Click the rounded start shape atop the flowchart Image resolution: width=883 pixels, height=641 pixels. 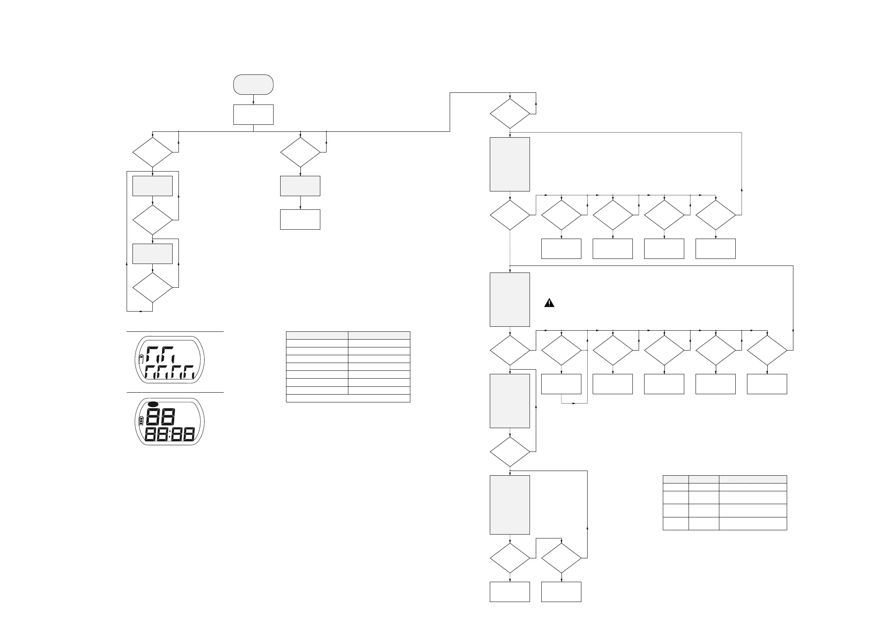pyautogui.click(x=253, y=85)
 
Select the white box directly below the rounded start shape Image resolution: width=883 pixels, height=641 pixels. pyautogui.click(x=253, y=115)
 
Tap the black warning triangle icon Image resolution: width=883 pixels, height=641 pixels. pyautogui.click(x=549, y=303)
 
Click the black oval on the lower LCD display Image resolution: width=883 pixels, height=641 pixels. pyautogui.click(x=154, y=404)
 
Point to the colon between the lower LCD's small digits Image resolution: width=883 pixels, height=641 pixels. pyautogui.click(x=170, y=434)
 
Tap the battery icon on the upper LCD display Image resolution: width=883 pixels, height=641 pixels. pyautogui.click(x=141, y=359)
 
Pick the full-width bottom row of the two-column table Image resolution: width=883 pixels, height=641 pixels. pyautogui.click(x=348, y=398)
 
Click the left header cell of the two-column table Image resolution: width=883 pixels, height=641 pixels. pyautogui.click(x=317, y=335)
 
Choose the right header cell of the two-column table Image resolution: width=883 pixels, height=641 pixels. pyautogui.click(x=379, y=335)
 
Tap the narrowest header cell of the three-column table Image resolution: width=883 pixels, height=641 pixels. pyautogui.click(x=676, y=479)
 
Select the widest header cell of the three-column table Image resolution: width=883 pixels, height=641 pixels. pyautogui.click(x=753, y=479)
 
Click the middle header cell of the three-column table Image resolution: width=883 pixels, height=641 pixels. pyautogui.click(x=704, y=479)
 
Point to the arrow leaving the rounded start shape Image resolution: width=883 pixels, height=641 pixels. pyautogui.click(x=253, y=99)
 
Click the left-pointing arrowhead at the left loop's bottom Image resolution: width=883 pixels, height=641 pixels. pyautogui.click(x=140, y=312)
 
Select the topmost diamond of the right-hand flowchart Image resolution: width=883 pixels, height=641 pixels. pyautogui.click(x=510, y=114)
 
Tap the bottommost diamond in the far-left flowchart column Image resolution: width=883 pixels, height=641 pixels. pyautogui.click(x=152, y=287)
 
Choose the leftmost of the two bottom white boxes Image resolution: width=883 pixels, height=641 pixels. pyautogui.click(x=510, y=592)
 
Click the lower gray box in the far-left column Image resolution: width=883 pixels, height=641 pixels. pyautogui.click(x=152, y=253)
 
